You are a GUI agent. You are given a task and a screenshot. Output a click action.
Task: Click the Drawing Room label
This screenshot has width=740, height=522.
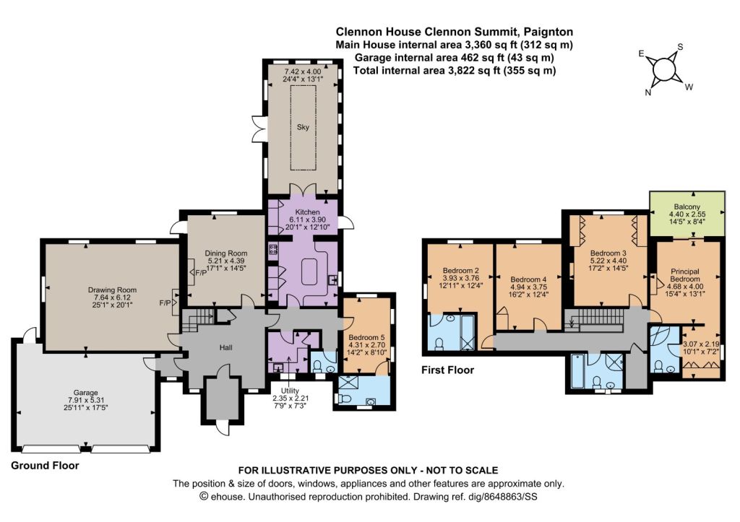coord(112,290)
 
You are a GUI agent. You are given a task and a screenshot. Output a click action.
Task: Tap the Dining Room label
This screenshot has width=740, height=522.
coord(226,253)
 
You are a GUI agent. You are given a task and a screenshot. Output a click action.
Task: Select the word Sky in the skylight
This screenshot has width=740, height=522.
coord(303,127)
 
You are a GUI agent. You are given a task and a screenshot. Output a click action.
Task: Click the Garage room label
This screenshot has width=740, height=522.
coord(85,392)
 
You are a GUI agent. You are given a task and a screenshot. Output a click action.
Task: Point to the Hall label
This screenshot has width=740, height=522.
coord(226,347)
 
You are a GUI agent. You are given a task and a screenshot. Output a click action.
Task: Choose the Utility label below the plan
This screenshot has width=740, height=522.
coord(290,391)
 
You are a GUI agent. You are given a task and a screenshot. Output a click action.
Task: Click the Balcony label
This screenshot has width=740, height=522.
coord(687,206)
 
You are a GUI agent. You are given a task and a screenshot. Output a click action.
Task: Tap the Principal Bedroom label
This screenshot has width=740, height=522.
coord(685,275)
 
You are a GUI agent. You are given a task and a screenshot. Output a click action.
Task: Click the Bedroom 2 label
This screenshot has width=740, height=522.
coord(461,271)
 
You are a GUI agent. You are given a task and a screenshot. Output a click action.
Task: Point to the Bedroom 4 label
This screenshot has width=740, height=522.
coord(528,279)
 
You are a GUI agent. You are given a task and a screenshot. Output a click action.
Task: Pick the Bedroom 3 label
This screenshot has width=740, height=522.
coord(608,253)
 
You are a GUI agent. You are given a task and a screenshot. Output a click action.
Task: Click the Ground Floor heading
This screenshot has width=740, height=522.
coord(45,466)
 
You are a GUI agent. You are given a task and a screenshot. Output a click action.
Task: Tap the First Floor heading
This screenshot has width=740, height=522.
coord(447,370)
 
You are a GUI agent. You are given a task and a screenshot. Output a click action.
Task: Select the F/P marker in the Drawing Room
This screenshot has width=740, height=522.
coord(165,303)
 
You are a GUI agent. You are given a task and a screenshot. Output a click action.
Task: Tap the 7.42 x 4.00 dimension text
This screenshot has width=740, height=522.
coord(303,71)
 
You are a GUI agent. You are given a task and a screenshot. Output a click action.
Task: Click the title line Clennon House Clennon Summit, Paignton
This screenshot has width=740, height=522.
coord(455,32)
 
